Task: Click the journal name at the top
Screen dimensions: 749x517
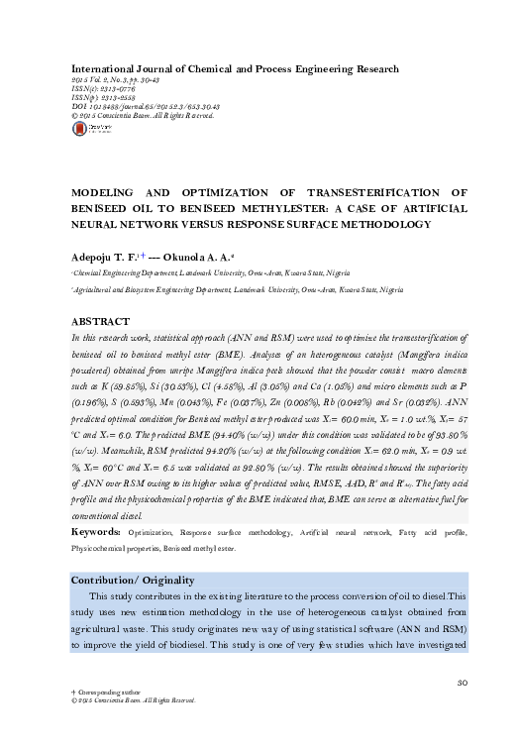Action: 230,69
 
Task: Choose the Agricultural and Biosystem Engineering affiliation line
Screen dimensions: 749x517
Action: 238,289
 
